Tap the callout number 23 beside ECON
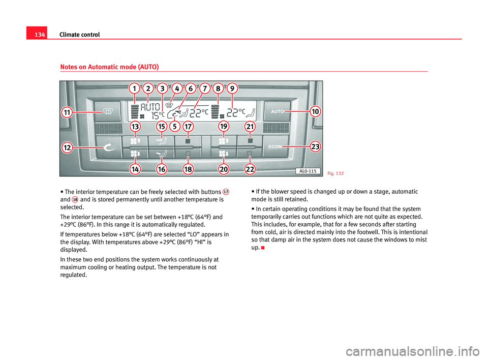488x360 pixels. (x=315, y=146)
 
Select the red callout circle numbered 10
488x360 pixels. (x=315, y=110)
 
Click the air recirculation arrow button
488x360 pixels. (x=108, y=146)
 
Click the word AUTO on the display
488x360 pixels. (x=150, y=107)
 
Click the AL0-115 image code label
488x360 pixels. (x=307, y=171)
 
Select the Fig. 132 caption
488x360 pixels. (x=335, y=173)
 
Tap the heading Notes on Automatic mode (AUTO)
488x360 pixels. (x=109, y=67)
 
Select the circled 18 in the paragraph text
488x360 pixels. (x=74, y=199)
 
